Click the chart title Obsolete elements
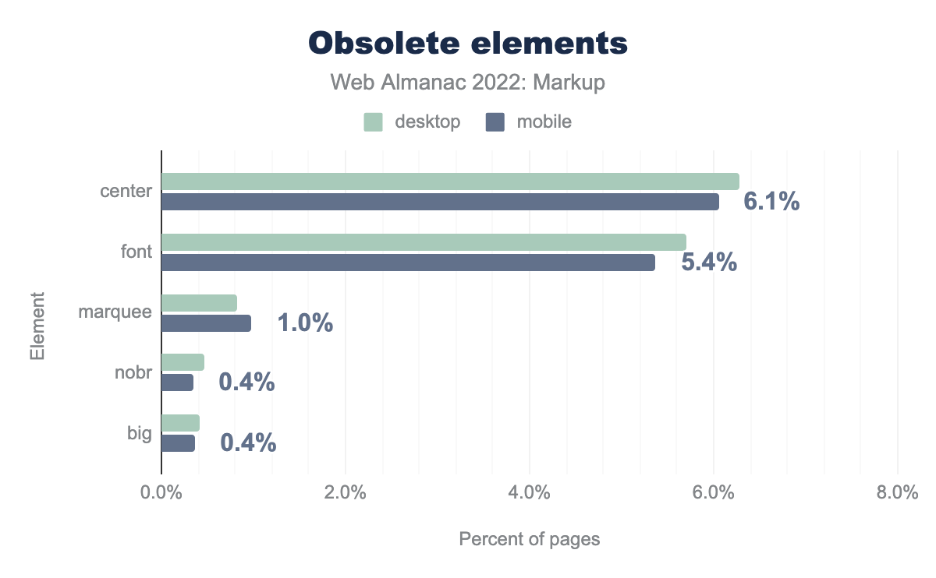(x=468, y=44)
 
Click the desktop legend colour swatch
(x=374, y=122)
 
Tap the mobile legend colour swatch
(x=495, y=122)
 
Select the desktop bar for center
(x=450, y=182)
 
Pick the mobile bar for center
(x=440, y=202)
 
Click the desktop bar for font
(x=424, y=242)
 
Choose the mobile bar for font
(x=408, y=263)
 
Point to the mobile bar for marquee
(x=206, y=323)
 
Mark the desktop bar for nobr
(x=183, y=362)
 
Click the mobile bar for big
(x=178, y=443)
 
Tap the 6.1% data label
(x=771, y=202)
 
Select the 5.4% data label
(x=709, y=263)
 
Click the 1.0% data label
(x=305, y=323)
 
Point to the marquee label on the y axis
(x=115, y=312)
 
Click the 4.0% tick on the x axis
(x=530, y=493)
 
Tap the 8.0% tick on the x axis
(x=897, y=493)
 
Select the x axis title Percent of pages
(x=530, y=539)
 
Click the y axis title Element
(x=37, y=326)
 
